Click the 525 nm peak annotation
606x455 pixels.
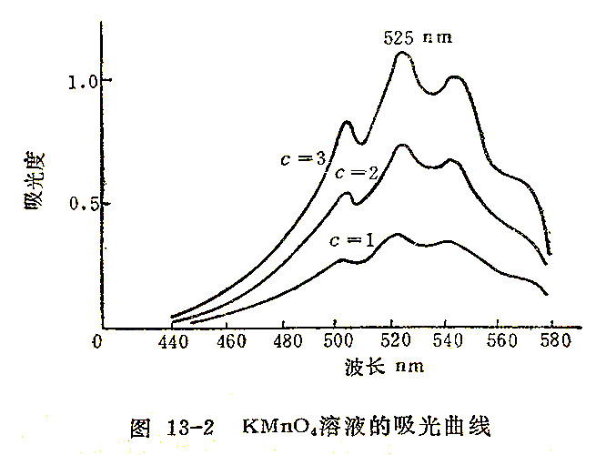pyautogui.click(x=416, y=38)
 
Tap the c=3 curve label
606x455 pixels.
pyautogui.click(x=303, y=159)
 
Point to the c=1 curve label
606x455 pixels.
pyautogui.click(x=352, y=242)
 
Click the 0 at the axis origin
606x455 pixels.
pyautogui.click(x=97, y=341)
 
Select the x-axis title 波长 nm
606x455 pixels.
pyautogui.click(x=385, y=368)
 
